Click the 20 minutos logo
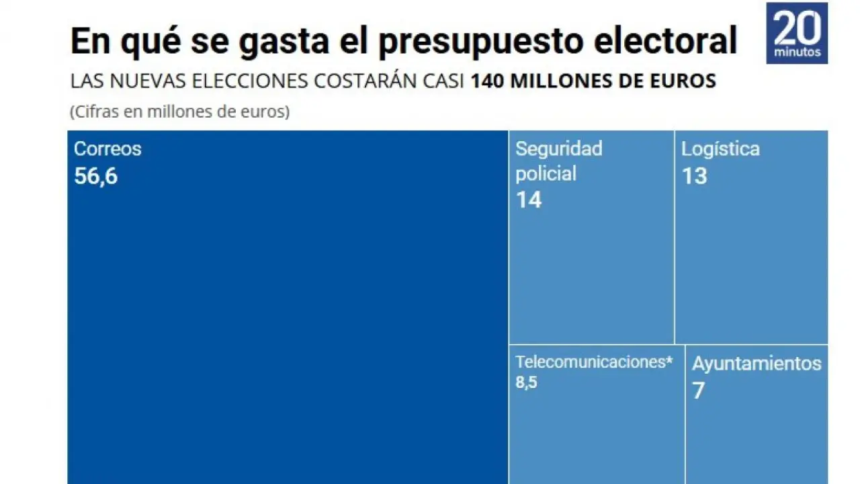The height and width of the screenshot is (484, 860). coord(797,33)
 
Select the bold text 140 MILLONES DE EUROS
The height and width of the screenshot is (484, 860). coord(593,81)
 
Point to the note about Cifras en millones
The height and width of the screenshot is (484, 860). coord(179,112)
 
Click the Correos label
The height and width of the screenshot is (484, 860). coord(107,149)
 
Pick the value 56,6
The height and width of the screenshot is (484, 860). coord(95,176)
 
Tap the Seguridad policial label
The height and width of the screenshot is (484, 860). coord(558,161)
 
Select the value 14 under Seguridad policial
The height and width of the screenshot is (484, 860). coord(528,200)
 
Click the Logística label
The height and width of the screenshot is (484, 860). coord(720,149)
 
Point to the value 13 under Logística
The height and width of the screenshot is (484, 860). coord(694,176)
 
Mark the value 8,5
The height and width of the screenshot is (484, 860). coord(526,383)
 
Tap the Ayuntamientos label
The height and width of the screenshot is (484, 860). coord(757,364)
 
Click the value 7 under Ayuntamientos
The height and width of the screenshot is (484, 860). coord(698,391)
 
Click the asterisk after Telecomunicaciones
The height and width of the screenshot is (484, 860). coord(669,360)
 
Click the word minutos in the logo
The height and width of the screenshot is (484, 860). coord(797,52)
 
